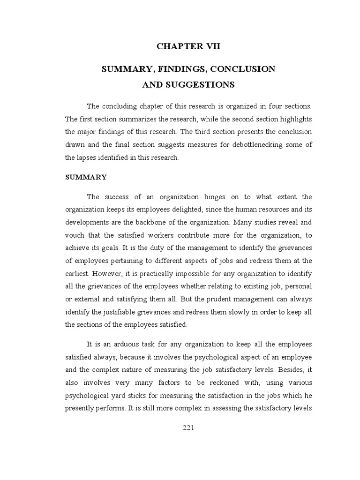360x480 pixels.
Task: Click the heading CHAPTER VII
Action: pyautogui.click(x=188, y=46)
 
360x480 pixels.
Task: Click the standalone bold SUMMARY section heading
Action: pyautogui.click(x=86, y=177)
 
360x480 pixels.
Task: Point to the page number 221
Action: pyautogui.click(x=188, y=427)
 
